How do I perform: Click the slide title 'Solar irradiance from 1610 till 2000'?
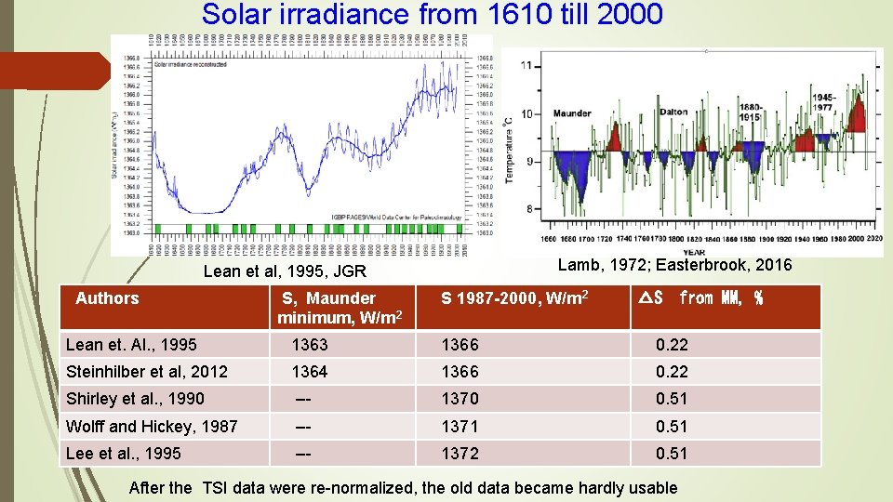point(432,15)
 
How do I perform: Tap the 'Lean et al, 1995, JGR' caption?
point(285,272)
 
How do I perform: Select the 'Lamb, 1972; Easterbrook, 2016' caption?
point(674,265)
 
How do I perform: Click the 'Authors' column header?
point(107,298)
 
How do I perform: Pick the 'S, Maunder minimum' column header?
point(339,308)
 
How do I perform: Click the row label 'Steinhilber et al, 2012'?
point(147,372)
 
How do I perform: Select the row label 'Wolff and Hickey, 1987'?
point(152,427)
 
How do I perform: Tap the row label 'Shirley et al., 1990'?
point(135,399)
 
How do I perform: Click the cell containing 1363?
point(309,345)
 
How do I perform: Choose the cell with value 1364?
point(309,372)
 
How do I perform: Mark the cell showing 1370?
point(460,399)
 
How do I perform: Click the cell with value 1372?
point(460,454)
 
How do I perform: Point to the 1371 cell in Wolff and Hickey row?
point(460,427)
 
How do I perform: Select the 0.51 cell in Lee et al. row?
point(672,454)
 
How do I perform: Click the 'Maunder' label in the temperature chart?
point(572,114)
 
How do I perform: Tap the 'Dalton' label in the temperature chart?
point(673,112)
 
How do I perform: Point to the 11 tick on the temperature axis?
point(527,66)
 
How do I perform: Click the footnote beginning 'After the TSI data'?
point(403,487)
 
